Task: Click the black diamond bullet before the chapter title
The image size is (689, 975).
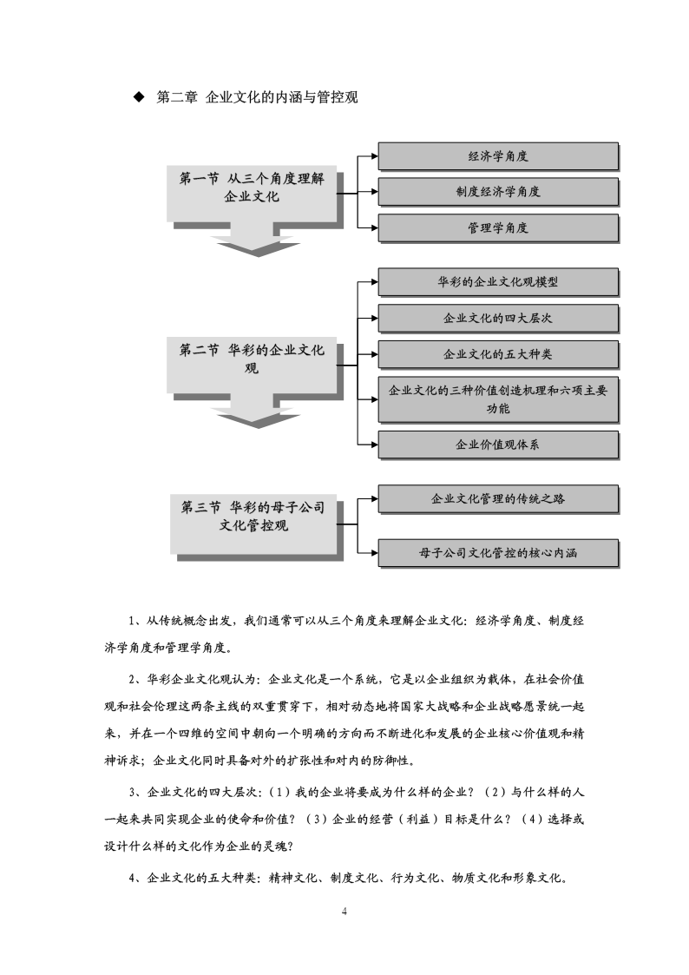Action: click(x=139, y=97)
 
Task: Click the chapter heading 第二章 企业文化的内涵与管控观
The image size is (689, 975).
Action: click(x=257, y=97)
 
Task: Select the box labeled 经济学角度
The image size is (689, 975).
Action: click(x=498, y=156)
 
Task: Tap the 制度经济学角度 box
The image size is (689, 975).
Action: click(x=498, y=192)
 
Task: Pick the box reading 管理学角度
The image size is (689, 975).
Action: click(x=498, y=227)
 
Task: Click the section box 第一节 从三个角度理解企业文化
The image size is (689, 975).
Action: click(x=252, y=193)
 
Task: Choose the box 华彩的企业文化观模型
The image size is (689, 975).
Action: click(x=498, y=281)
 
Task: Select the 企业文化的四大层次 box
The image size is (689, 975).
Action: click(x=498, y=318)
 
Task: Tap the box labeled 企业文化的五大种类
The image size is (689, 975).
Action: click(x=498, y=354)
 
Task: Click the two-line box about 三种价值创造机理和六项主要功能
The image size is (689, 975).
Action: click(x=498, y=399)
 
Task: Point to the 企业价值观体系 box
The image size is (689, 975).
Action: click(x=498, y=445)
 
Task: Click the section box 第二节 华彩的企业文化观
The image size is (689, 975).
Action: click(x=252, y=365)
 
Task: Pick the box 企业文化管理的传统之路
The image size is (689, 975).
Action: click(x=498, y=498)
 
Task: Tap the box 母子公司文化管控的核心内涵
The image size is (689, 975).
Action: click(x=498, y=553)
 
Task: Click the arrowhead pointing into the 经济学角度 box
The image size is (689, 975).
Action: click(x=375, y=156)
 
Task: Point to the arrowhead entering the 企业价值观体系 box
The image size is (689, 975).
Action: click(x=375, y=445)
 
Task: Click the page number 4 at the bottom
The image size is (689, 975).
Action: click(x=344, y=912)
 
